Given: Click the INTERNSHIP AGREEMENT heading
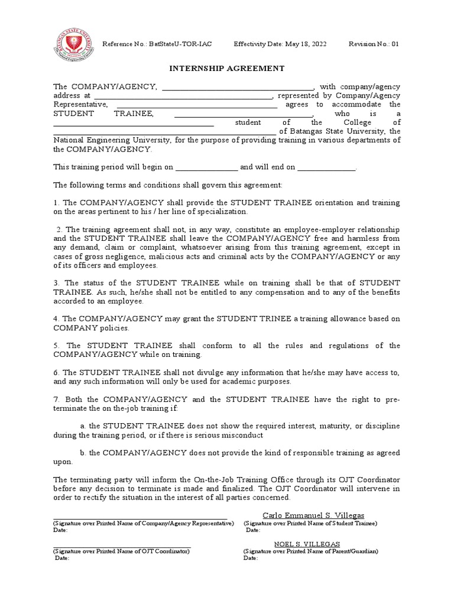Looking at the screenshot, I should click(x=227, y=68).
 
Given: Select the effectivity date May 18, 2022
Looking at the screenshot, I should click(x=300, y=44).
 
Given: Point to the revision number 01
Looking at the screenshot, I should click(x=395, y=44).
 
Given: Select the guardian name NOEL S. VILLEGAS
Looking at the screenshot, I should click(x=307, y=544).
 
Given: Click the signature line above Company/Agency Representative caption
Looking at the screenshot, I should click(x=140, y=518).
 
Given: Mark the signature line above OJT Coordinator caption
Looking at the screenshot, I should click(x=122, y=547).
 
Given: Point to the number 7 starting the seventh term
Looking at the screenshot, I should click(x=56, y=399).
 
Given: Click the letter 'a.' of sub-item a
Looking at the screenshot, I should click(x=83, y=426).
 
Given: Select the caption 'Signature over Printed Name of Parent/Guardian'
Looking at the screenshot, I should click(x=310, y=551).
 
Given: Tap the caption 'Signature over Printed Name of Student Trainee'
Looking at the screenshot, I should click(x=310, y=523).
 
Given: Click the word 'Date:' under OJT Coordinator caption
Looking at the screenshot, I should click(x=62, y=558).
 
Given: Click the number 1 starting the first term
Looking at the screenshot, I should click(x=56, y=202).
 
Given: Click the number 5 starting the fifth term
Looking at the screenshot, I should click(x=56, y=346).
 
